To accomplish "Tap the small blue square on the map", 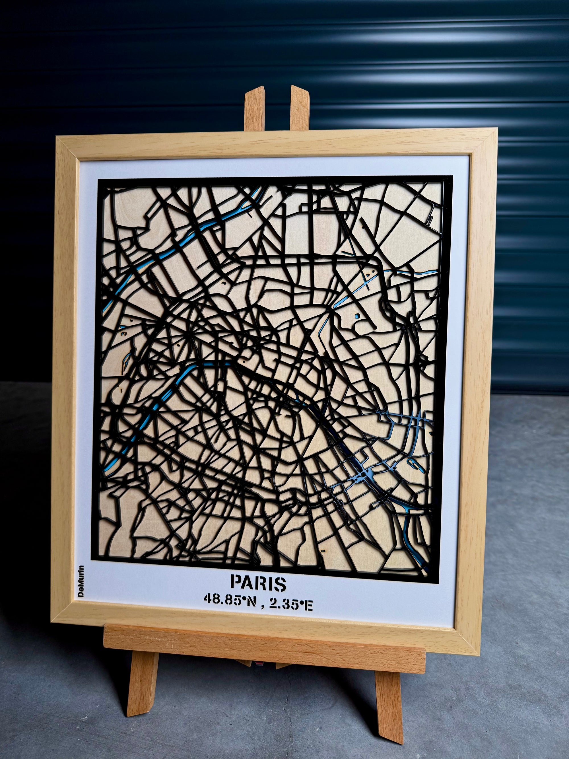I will click(x=357, y=315).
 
